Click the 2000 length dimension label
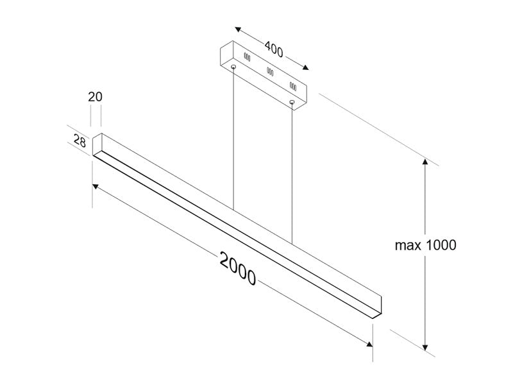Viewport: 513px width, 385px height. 237,268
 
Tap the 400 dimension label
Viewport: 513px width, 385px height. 274,49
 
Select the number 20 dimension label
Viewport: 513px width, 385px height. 95,97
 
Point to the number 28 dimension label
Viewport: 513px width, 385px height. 80,141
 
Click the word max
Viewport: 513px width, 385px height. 407,246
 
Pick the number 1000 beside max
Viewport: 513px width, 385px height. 441,245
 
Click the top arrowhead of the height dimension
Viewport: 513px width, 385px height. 425,162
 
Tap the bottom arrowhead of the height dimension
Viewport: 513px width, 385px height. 425,347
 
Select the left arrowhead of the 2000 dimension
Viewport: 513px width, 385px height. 95,186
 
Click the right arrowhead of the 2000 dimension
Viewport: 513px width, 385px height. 369,345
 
